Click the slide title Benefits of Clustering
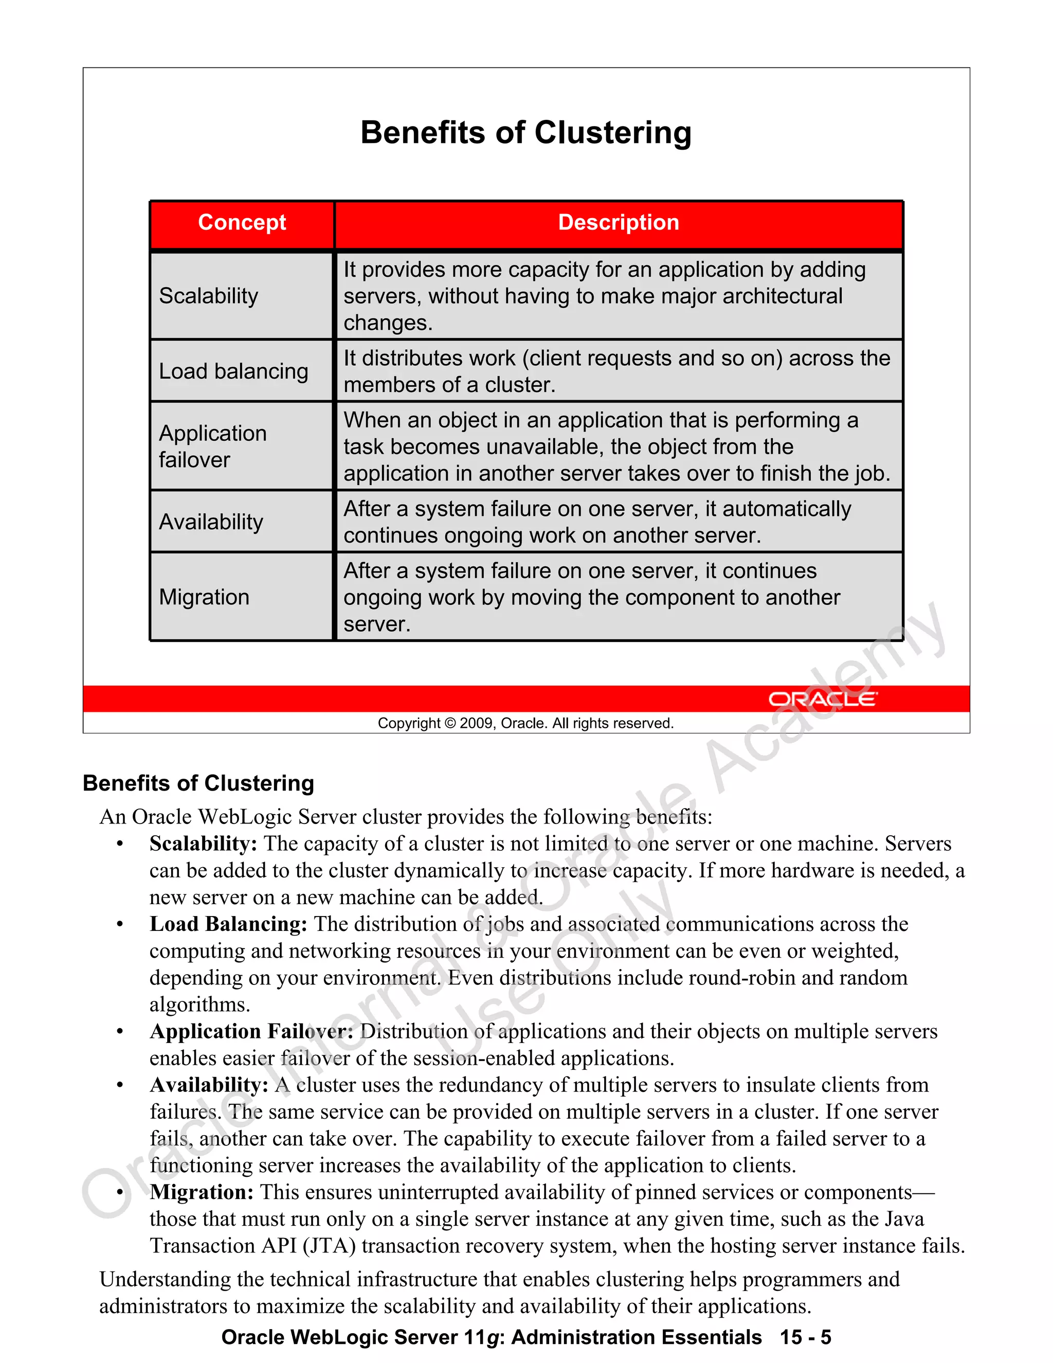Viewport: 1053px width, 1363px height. pos(526,133)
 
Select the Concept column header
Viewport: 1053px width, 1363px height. pos(242,223)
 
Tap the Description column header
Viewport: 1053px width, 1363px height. pos(618,223)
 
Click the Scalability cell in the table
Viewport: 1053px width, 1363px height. pos(209,296)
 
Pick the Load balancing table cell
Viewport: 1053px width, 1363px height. pos(233,371)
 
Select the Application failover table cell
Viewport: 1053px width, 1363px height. pos(212,446)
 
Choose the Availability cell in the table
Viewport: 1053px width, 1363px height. pos(211,522)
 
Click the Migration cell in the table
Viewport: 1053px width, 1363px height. pos(204,597)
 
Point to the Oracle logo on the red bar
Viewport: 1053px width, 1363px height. pos(822,699)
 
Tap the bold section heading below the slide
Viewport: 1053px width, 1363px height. pos(198,783)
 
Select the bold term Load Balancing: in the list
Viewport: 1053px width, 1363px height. pos(228,924)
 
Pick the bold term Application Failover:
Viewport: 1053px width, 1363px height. pos(251,1032)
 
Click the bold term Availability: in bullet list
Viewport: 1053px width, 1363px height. pos(209,1085)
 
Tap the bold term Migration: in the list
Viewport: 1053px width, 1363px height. pos(202,1193)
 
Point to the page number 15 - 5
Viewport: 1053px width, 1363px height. pos(805,1337)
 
